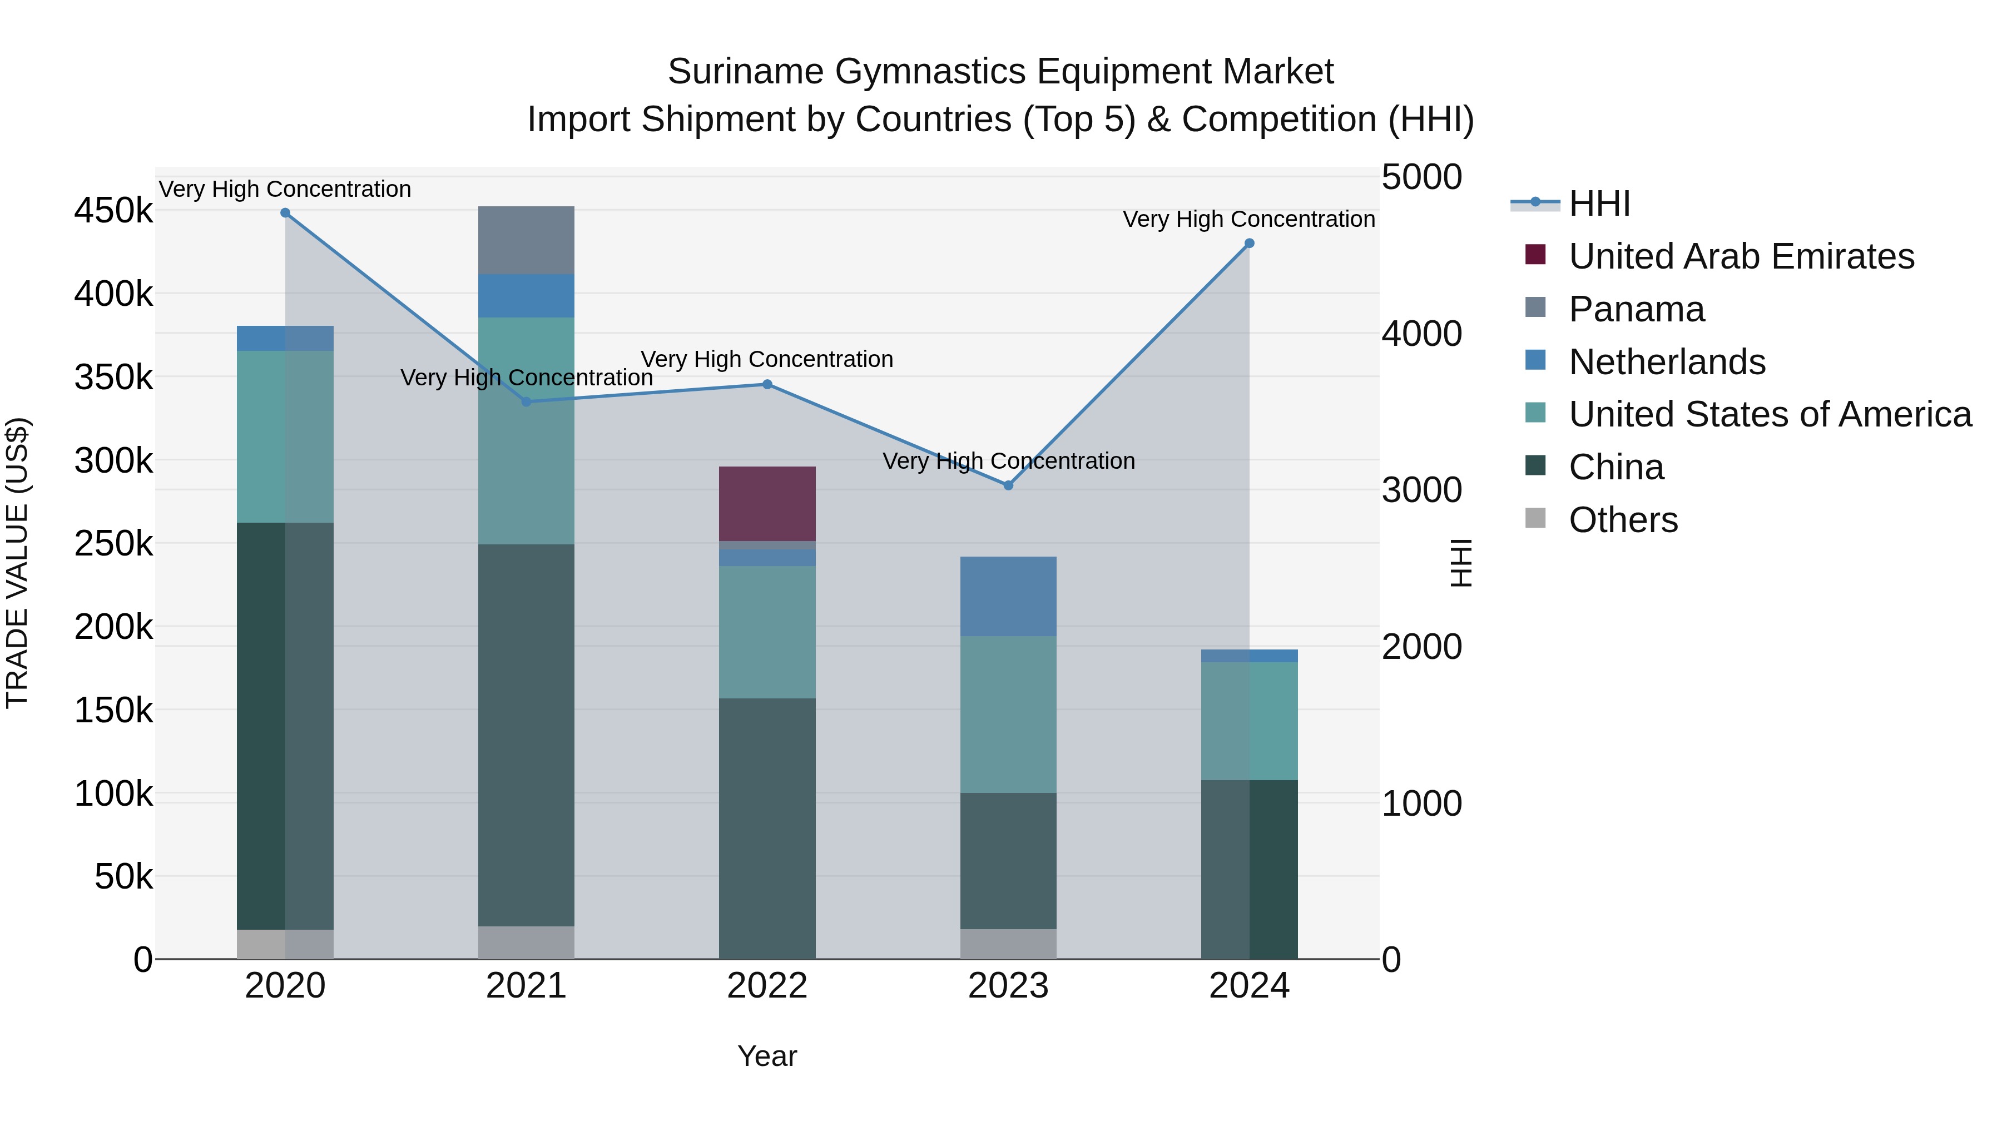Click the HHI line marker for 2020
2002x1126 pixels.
point(285,213)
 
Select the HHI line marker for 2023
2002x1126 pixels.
point(1008,485)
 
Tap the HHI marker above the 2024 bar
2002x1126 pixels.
point(1249,243)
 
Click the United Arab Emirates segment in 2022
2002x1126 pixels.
point(767,504)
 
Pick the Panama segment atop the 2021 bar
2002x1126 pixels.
point(526,240)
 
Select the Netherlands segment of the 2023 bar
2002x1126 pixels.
point(1008,596)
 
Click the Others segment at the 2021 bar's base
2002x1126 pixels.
point(526,942)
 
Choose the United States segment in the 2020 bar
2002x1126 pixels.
point(285,436)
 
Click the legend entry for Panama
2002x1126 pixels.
point(1636,309)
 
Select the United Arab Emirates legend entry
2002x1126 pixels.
point(1741,256)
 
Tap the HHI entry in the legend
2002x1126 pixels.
point(1599,204)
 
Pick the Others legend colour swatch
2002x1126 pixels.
point(1535,518)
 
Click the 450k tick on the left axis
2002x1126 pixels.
point(113,211)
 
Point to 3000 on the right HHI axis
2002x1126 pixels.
point(1421,490)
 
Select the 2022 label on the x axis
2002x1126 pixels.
point(767,986)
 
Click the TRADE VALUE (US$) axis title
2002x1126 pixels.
point(17,563)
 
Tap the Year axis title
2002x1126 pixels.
point(767,1056)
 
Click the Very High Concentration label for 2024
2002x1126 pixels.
point(1249,219)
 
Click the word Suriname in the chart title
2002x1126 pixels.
point(745,72)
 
